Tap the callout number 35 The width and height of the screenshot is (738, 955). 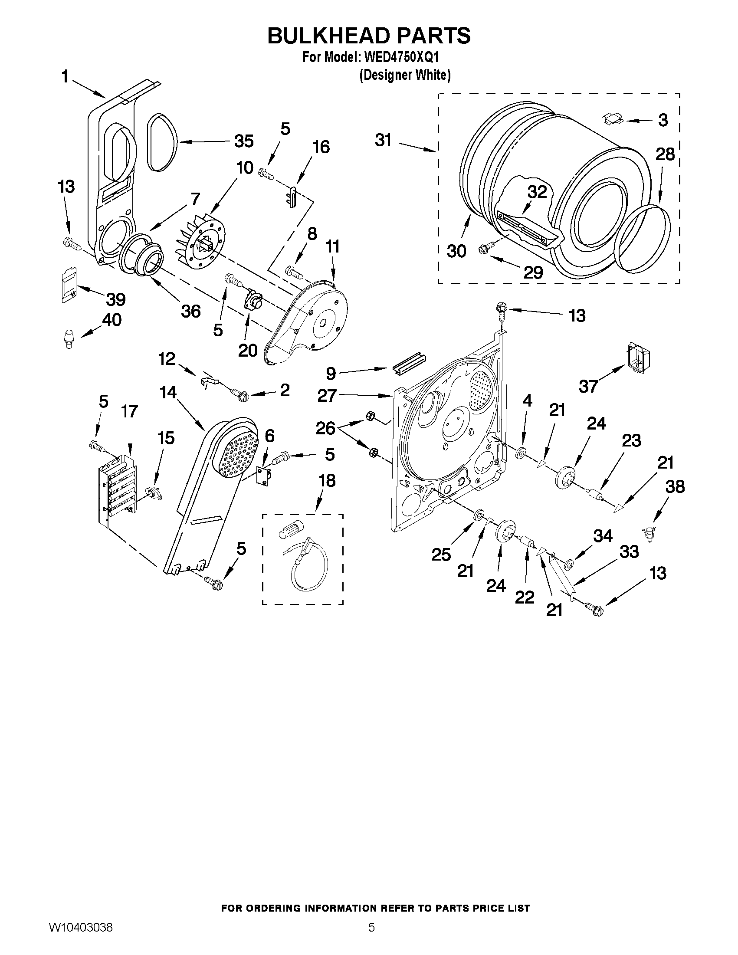(x=243, y=141)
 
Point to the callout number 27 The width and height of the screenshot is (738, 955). (x=327, y=396)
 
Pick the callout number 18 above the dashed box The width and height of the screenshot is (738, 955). (x=327, y=481)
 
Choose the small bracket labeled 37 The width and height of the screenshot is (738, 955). (x=638, y=358)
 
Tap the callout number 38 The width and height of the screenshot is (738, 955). (x=675, y=487)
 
